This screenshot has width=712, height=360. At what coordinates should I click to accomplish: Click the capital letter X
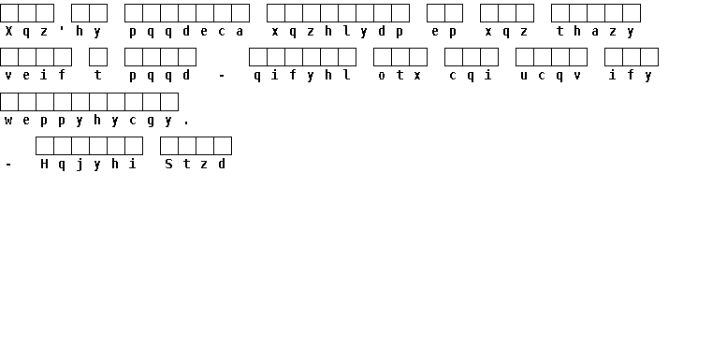[8, 31]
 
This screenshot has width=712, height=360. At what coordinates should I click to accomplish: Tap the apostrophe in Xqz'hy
[62, 29]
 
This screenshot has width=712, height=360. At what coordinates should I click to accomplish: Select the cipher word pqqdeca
[186, 32]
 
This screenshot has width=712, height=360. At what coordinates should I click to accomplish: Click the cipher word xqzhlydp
[338, 32]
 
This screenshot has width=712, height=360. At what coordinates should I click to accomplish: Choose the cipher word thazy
[595, 32]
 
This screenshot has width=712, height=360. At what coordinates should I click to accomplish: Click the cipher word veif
[35, 75]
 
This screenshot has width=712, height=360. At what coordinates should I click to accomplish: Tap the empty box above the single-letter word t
[98, 57]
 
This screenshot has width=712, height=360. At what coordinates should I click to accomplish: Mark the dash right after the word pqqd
[222, 76]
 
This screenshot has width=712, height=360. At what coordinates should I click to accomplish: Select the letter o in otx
[382, 76]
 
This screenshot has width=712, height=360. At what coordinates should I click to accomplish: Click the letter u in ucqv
[524, 76]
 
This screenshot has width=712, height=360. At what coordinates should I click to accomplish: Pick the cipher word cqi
[471, 76]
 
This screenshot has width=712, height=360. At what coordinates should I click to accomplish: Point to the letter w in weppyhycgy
[8, 121]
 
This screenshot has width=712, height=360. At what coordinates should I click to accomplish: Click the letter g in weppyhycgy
[151, 122]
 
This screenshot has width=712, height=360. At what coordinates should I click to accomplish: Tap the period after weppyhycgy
[186, 123]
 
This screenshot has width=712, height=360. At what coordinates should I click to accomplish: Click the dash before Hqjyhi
[8, 165]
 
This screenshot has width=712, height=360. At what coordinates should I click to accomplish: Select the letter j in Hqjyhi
[80, 165]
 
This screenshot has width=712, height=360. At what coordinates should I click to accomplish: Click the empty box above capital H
[45, 146]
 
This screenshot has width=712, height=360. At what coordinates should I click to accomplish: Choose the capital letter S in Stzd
[168, 164]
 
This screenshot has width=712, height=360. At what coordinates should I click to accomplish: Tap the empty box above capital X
[9, 13]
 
